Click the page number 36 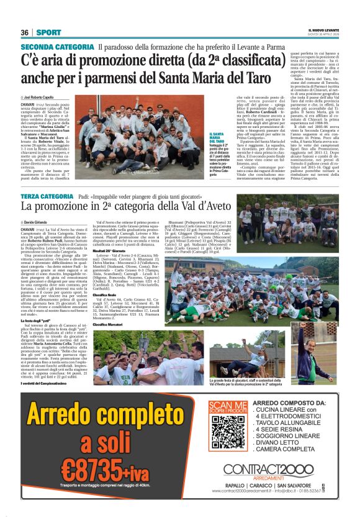[x=25, y=32]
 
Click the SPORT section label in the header [x=48, y=32]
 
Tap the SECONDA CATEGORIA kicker [x=57, y=47]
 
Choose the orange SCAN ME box [x=222, y=407]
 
